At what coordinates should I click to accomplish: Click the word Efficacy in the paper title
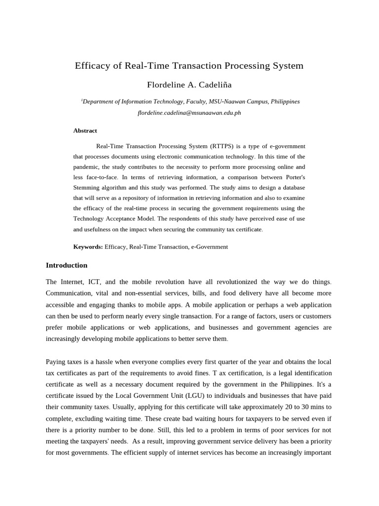[92, 66]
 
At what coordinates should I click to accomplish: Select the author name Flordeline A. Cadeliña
[189, 84]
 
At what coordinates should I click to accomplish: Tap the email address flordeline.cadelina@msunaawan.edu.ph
[189, 113]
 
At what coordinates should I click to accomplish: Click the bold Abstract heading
[85, 130]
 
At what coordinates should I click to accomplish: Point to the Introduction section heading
[66, 265]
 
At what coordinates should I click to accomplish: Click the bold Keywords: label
[88, 247]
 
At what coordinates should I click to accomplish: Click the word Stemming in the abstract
[86, 188]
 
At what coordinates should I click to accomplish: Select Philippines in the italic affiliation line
[285, 101]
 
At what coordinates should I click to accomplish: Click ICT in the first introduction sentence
[94, 282]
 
